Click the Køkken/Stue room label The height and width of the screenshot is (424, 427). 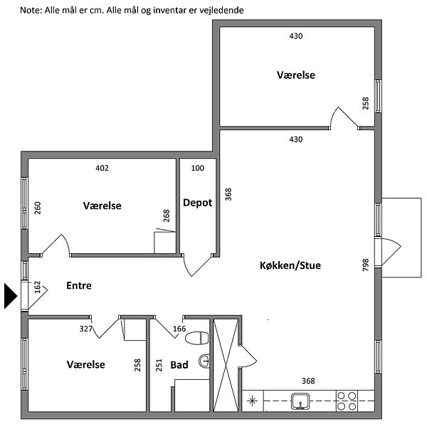pyautogui.click(x=290, y=266)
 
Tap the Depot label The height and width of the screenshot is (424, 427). pyautogui.click(x=197, y=203)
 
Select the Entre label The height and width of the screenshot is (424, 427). pyautogui.click(x=79, y=286)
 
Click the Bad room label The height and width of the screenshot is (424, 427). pyautogui.click(x=179, y=365)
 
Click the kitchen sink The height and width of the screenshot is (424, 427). pyautogui.click(x=301, y=402)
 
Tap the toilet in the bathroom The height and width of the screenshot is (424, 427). pyautogui.click(x=199, y=337)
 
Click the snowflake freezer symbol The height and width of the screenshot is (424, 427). pyautogui.click(x=251, y=401)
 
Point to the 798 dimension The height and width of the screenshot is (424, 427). pyautogui.click(x=366, y=265)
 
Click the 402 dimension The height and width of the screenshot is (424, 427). pyautogui.click(x=102, y=169)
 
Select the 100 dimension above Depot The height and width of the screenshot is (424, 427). pyautogui.click(x=197, y=169)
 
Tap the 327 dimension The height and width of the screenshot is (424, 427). pyautogui.click(x=86, y=329)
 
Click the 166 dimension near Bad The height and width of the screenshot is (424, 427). pyautogui.click(x=179, y=329)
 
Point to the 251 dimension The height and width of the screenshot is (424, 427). pyautogui.click(x=159, y=366)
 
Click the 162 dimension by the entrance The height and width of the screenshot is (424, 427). pyautogui.click(x=38, y=287)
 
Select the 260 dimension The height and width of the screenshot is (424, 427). pyautogui.click(x=38, y=208)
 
